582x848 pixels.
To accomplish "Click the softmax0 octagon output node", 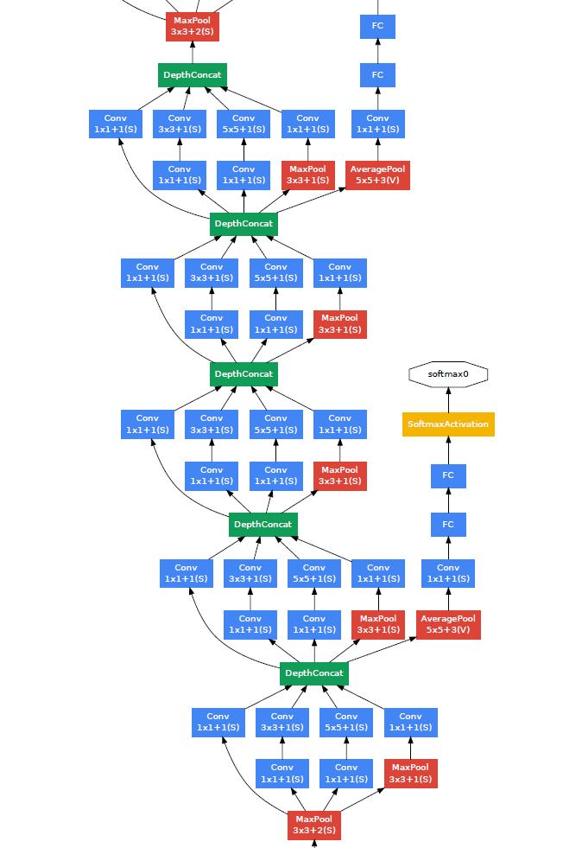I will coord(448,374).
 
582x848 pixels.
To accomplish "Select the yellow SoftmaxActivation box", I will coord(448,424).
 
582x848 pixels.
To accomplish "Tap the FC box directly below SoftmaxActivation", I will coord(448,475).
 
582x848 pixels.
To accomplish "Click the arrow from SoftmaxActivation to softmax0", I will coord(448,399).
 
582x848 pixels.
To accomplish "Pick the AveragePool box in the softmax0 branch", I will coord(448,624).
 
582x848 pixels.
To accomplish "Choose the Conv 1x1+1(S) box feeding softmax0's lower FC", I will coord(448,573).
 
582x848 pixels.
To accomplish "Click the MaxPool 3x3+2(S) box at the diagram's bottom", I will coord(313,825).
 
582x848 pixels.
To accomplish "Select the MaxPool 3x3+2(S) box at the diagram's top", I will coord(192,26).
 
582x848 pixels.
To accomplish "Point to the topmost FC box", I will coord(377,26).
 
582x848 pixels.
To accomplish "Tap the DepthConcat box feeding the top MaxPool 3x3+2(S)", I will coord(192,75).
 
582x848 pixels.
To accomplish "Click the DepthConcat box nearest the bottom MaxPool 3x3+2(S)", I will coord(313,673).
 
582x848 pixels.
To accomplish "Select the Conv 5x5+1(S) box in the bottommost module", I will coord(346,722).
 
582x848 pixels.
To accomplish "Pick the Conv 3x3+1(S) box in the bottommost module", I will coord(282,722).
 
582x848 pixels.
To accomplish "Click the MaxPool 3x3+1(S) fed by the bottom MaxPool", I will coord(410,773).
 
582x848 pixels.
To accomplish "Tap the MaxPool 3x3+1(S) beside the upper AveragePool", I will coord(307,175).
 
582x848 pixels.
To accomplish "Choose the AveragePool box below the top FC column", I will coord(377,175).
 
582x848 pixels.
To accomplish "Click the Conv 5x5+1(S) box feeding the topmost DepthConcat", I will coord(244,124).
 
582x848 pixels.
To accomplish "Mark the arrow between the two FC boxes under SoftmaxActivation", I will coord(448,501).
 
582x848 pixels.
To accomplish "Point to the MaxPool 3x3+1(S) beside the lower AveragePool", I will coord(378,624).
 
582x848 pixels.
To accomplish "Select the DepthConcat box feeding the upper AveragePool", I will coord(244,224).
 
